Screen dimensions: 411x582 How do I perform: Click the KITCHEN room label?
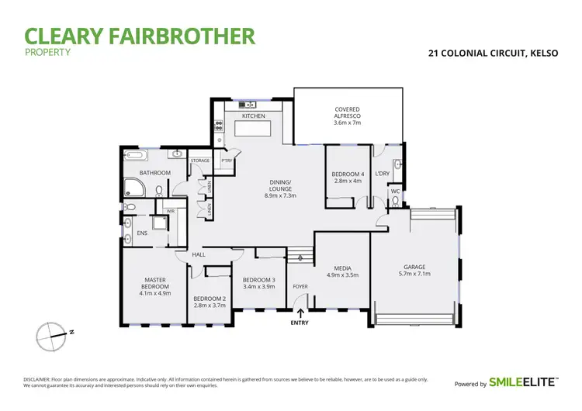(254, 116)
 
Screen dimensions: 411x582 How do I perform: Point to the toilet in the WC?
(395, 201)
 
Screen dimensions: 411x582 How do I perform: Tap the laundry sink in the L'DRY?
(397, 164)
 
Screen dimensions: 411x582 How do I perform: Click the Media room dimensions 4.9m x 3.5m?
(341, 275)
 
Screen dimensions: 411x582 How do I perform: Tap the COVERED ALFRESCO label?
(348, 116)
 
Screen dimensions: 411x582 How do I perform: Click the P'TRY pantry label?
(227, 161)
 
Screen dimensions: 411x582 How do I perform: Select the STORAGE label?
(200, 161)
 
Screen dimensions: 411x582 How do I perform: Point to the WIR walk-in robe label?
(170, 210)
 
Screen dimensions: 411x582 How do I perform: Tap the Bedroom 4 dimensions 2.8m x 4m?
(347, 181)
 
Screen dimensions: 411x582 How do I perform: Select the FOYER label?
(300, 286)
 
